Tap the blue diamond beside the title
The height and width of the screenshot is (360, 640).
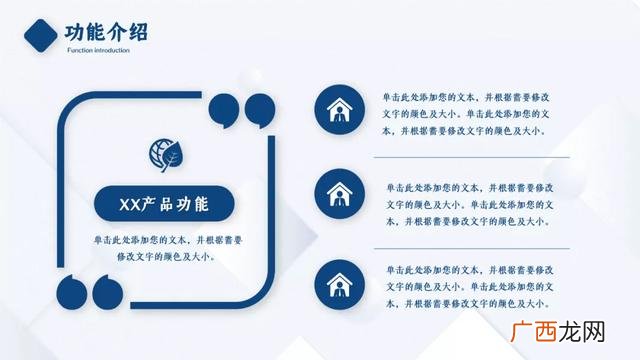click(39, 36)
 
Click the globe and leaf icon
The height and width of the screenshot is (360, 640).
click(165, 154)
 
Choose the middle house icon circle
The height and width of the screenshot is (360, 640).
click(338, 195)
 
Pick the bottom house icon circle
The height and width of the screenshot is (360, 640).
click(338, 283)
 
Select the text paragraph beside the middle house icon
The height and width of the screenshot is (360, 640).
click(468, 203)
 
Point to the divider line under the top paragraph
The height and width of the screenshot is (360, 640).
click(471, 158)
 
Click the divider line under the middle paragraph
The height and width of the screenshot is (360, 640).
click(471, 246)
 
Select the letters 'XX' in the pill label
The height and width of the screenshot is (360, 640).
click(128, 205)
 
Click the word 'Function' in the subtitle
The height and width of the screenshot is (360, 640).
click(82, 49)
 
